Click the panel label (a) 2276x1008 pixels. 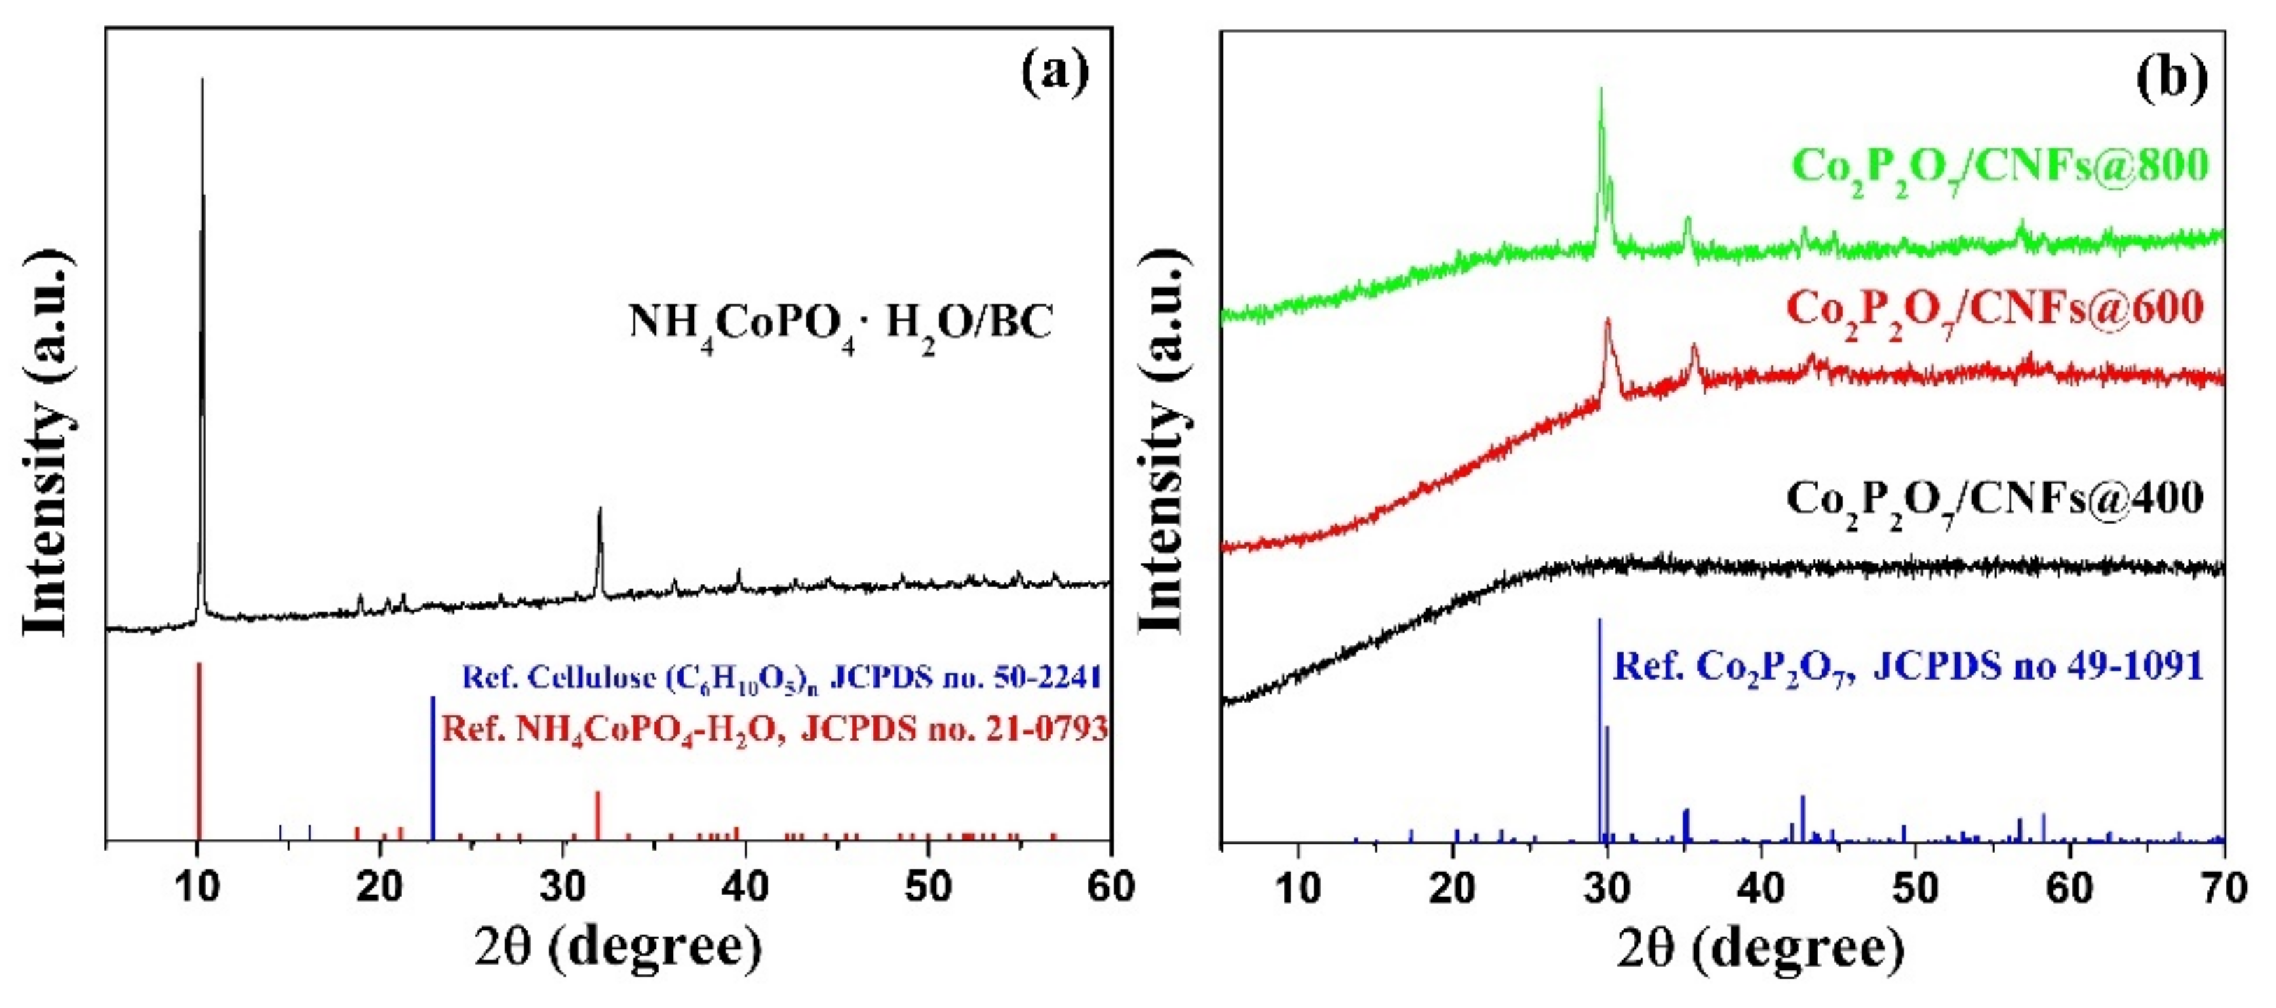[x=1054, y=74]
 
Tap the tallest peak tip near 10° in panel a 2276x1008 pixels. [x=202, y=81]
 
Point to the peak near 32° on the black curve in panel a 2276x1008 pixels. [x=600, y=510]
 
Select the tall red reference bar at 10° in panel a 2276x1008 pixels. [x=199, y=751]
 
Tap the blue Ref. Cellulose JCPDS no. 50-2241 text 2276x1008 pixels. [x=781, y=678]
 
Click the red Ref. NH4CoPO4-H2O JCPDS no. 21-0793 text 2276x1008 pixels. [x=774, y=729]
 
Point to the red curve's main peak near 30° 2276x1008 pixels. [x=1607, y=320]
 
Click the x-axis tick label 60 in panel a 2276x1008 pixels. [x=1110, y=887]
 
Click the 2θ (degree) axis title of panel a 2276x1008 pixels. [x=617, y=948]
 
